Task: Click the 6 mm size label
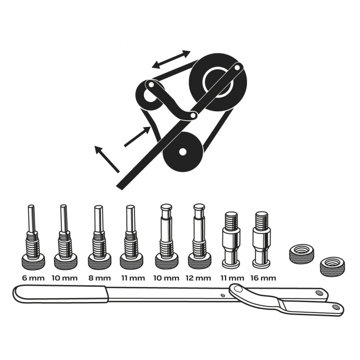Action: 33,278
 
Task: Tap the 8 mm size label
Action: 99,278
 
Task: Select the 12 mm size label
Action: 198,278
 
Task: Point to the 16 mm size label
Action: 263,278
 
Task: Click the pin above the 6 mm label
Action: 32,237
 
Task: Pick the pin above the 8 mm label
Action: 99,237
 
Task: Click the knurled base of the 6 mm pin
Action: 33,262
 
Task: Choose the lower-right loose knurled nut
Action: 333,267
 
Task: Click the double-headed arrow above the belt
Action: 171,59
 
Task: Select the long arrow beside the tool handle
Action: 107,159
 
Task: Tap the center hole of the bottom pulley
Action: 183,152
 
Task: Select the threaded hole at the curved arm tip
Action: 336,307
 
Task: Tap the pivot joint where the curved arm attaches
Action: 237,288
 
